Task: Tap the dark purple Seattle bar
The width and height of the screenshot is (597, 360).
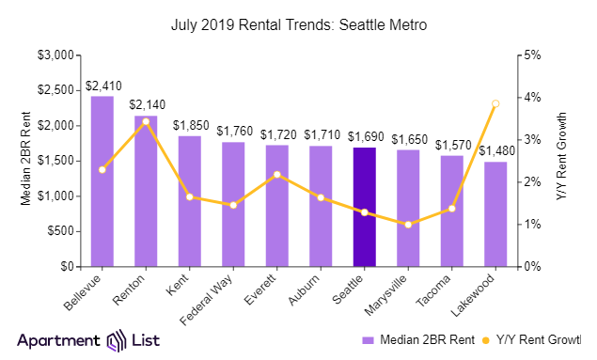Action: (x=364, y=207)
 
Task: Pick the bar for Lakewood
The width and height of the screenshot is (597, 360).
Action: (x=495, y=214)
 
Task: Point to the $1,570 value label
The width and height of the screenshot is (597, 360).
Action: (x=451, y=146)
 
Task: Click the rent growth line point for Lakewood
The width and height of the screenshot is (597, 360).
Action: (x=495, y=103)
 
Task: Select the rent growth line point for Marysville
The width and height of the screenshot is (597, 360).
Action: (x=407, y=224)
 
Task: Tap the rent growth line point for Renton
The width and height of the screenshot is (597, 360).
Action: (x=146, y=121)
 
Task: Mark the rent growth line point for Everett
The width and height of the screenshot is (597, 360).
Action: (x=276, y=174)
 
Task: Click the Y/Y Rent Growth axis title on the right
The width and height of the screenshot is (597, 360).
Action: (x=562, y=160)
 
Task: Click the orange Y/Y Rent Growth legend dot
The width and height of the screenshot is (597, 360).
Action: (x=487, y=339)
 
